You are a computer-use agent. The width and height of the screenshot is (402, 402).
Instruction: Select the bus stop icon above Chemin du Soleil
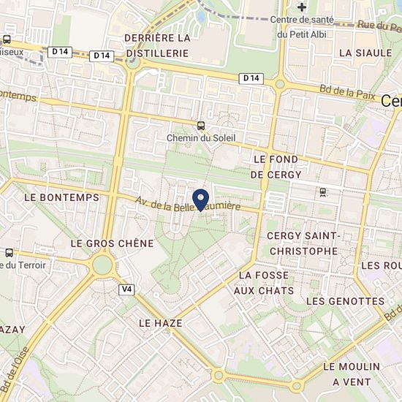[x=200, y=125]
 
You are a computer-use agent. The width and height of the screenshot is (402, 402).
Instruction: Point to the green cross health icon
[x=301, y=7]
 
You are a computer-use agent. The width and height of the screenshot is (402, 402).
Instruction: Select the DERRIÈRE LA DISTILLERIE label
[x=156, y=45]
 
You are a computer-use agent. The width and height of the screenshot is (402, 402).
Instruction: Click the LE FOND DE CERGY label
[x=277, y=167]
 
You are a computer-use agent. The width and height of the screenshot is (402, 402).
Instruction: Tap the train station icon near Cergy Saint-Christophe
[x=322, y=192]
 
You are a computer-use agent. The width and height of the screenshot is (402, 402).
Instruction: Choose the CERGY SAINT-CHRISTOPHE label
[x=303, y=243]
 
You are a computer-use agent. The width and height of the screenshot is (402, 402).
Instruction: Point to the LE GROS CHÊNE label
[x=112, y=243]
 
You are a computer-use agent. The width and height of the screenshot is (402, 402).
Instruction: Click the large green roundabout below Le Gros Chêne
[x=102, y=264]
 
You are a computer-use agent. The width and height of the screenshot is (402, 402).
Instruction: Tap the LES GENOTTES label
[x=345, y=301]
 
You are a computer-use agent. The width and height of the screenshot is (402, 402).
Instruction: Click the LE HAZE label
[x=159, y=322]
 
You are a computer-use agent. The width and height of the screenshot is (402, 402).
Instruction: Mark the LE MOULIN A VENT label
[x=352, y=373]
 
